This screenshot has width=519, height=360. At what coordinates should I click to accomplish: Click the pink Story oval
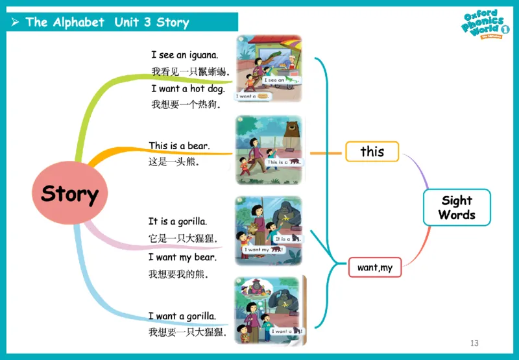pos(70,194)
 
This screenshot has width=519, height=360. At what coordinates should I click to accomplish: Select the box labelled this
pos(372,152)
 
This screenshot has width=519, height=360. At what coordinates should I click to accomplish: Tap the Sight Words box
pos(457,208)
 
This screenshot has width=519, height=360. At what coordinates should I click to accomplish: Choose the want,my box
pos(375,267)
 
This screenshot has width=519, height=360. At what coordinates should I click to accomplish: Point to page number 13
pos(474,342)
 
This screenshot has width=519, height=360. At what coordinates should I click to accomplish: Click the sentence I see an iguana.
pos(185,55)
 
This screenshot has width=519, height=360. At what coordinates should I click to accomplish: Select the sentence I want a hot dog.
pos(188,89)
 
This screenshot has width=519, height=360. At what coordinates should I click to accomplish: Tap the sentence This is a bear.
pos(179,146)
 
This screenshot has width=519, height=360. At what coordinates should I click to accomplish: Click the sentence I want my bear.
pos(182,258)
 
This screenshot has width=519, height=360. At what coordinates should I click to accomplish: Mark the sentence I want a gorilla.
pos(182,316)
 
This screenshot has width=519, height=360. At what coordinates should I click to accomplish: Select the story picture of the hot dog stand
pos(269,69)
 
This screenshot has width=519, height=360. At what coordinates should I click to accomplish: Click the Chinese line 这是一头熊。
pos(175,162)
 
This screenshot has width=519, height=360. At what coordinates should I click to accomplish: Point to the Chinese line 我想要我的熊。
pos(179,274)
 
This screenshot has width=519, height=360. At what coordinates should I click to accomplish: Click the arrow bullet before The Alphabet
pos(15,23)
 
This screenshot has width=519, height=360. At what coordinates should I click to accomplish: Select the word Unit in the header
pos(127,22)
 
